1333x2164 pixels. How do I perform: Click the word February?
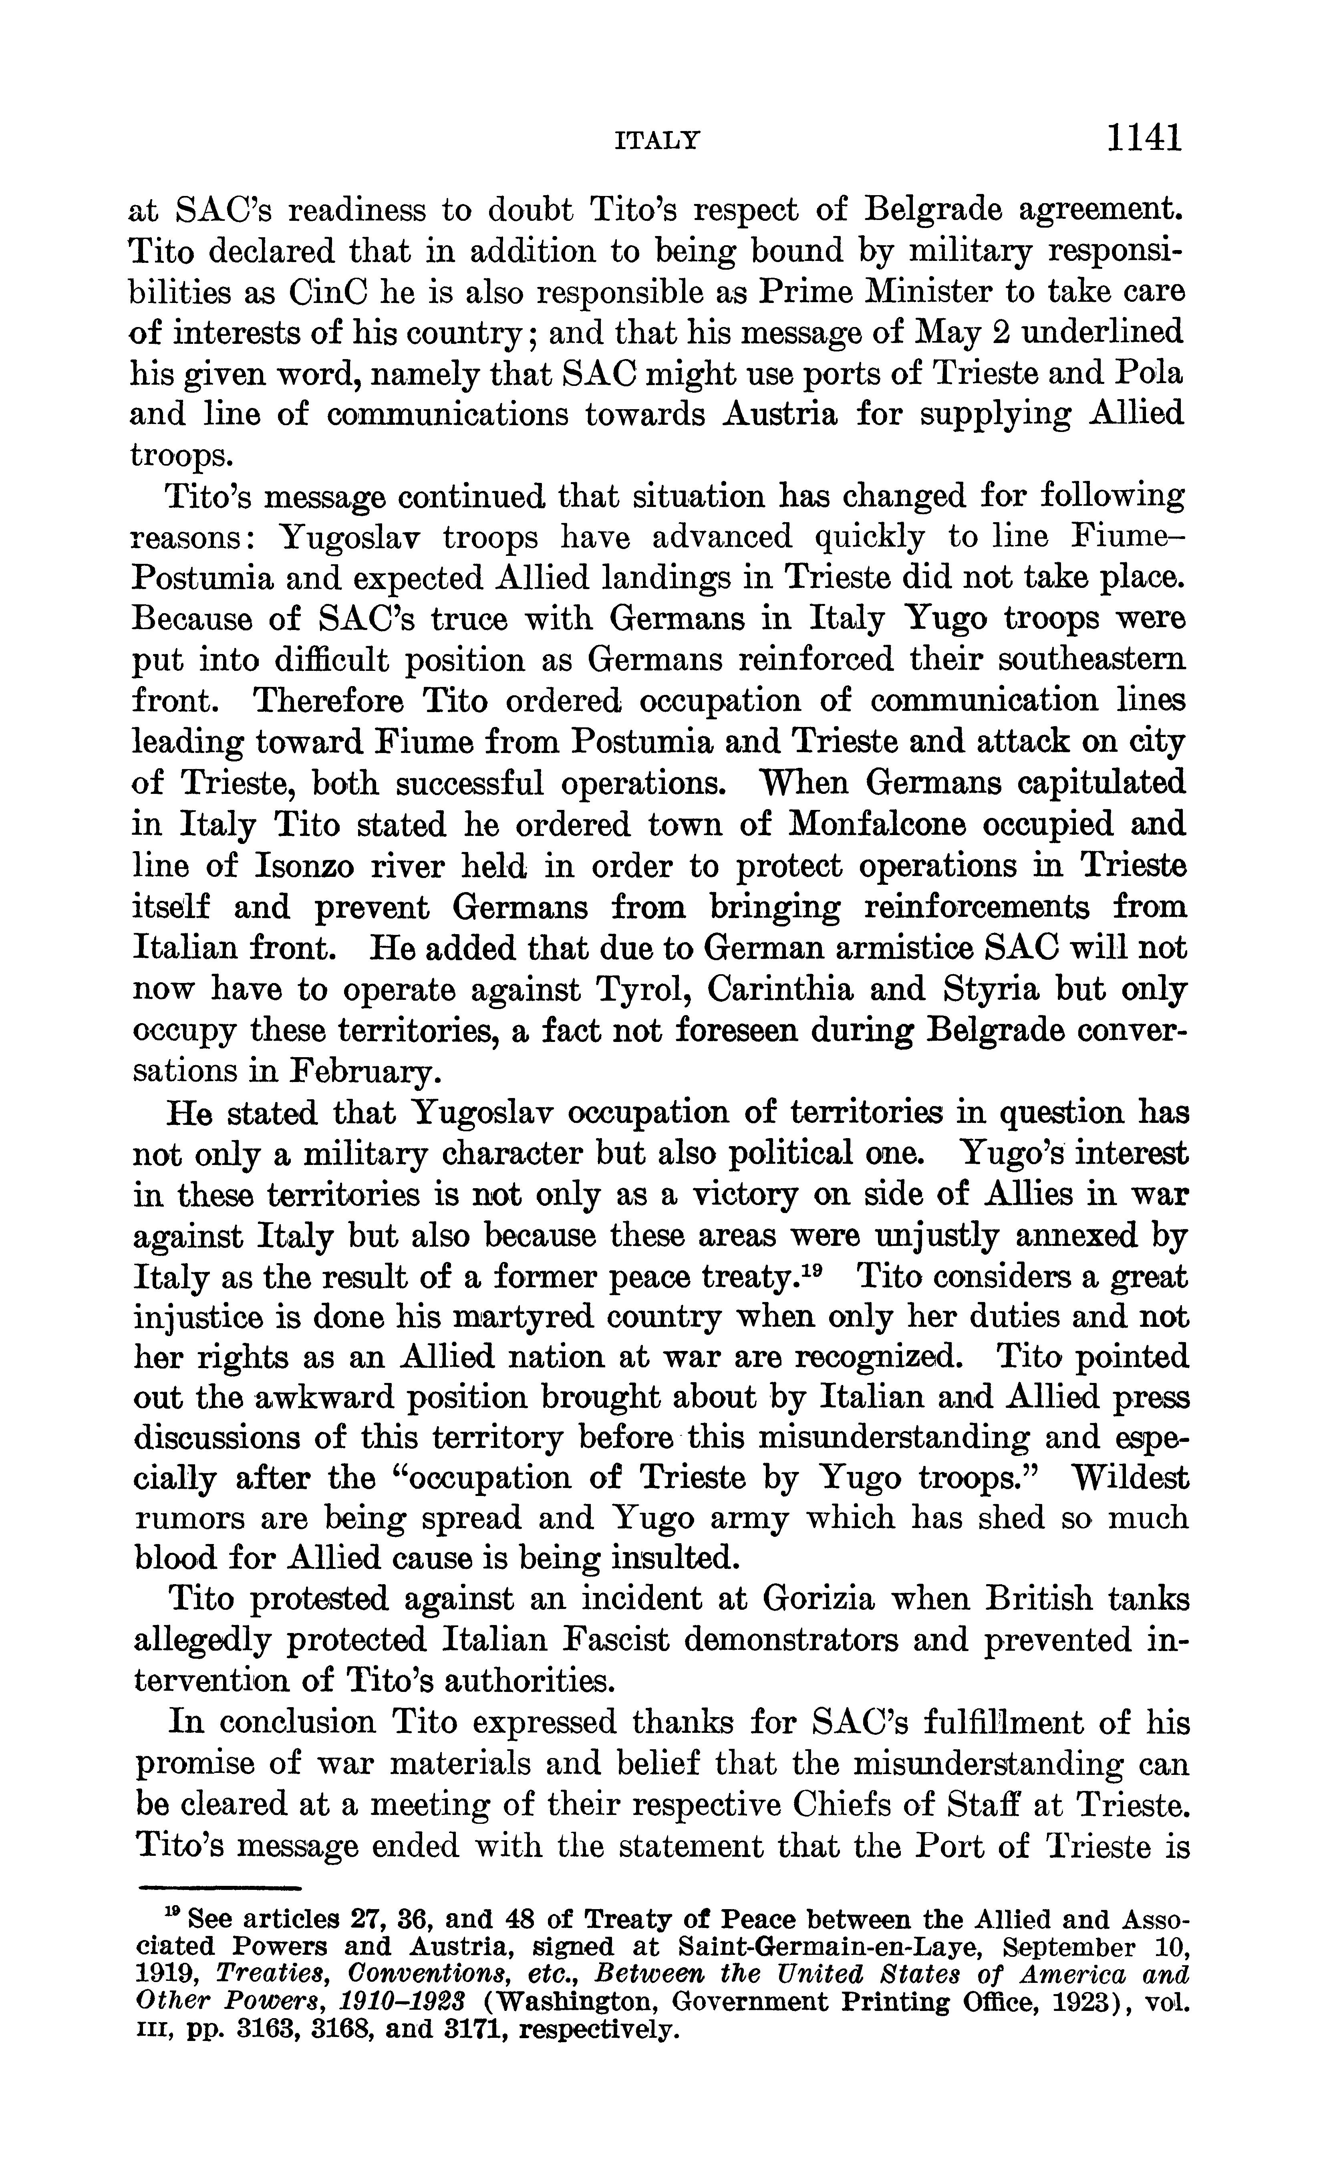click(361, 1072)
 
